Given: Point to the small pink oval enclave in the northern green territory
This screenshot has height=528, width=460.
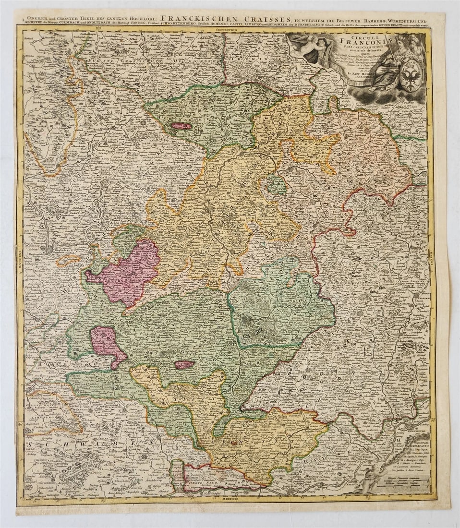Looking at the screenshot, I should pyautogui.click(x=181, y=126).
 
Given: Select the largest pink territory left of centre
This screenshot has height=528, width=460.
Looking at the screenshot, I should pyautogui.click(x=126, y=272).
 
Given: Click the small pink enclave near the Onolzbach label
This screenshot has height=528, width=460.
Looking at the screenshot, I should pyautogui.click(x=184, y=365).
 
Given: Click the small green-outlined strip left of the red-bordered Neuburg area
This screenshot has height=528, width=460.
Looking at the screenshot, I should pyautogui.click(x=177, y=475).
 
